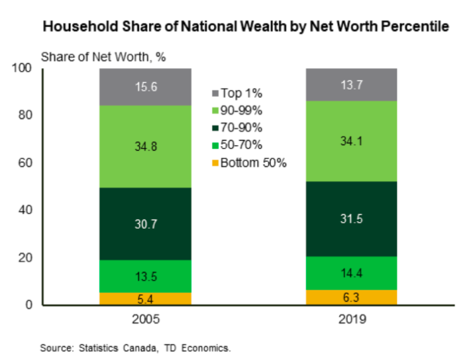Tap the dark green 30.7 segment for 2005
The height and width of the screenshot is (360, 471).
pyautogui.click(x=145, y=224)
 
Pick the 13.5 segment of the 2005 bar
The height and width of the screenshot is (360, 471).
pyautogui.click(x=145, y=276)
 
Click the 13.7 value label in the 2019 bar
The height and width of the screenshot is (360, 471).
pyautogui.click(x=351, y=84)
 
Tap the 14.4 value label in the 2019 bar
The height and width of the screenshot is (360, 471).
pyautogui.click(x=351, y=272)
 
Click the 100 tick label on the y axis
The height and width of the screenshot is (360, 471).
pyautogui.click(x=23, y=68)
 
